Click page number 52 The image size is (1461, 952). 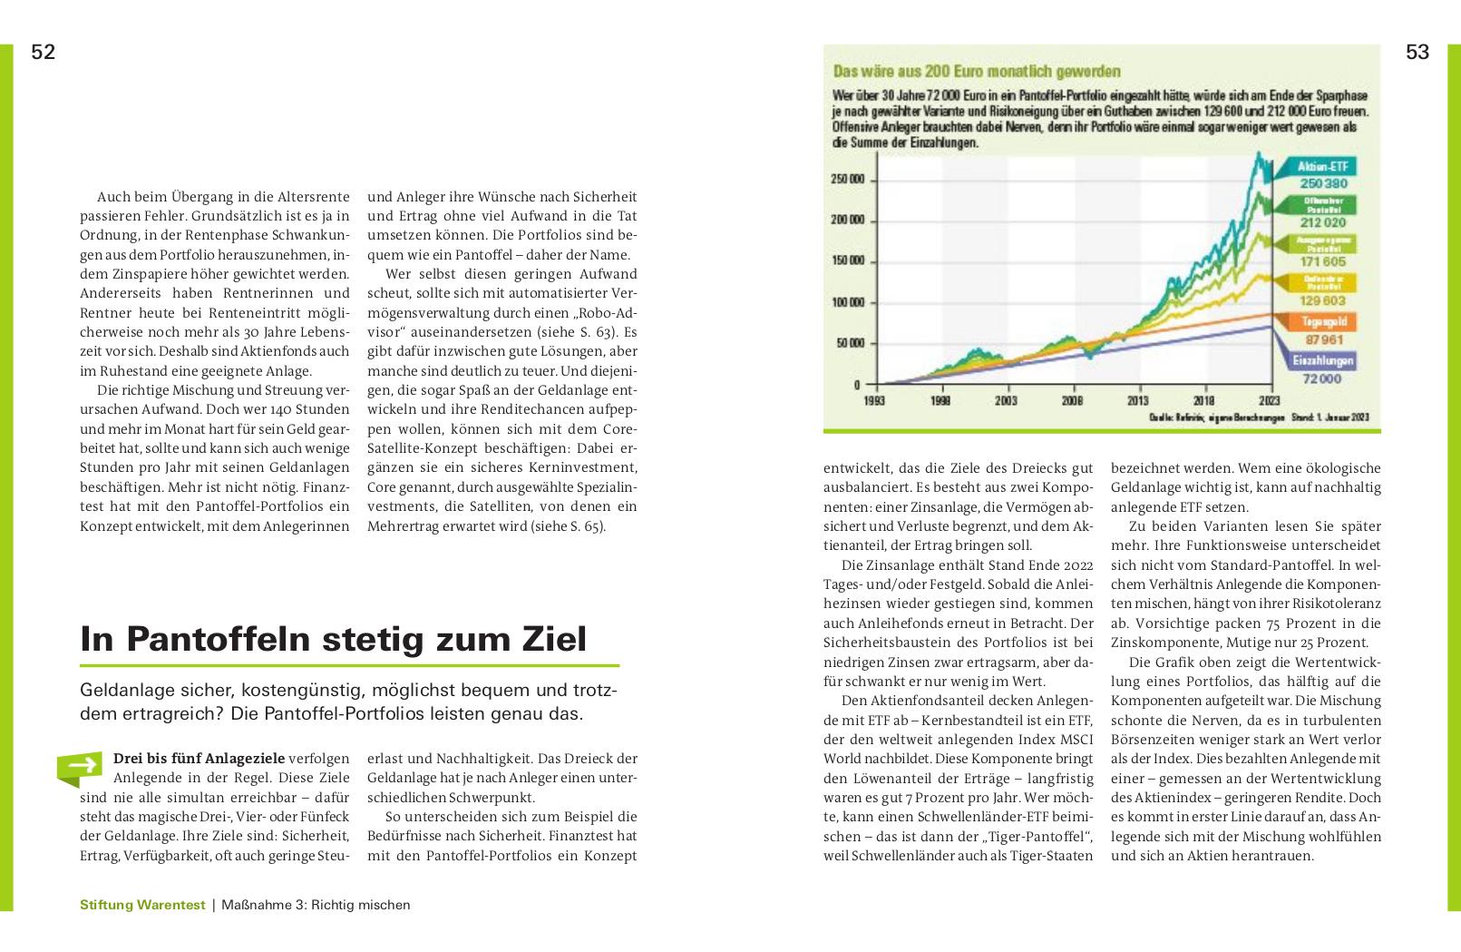pos(43,53)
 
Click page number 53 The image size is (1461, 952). pos(1417,53)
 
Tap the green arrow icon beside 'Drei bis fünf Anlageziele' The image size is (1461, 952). pos(80,768)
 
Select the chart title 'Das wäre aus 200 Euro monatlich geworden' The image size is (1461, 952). pos(976,71)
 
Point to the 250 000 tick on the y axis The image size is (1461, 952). pos(847,179)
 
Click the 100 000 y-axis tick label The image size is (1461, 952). pos(847,302)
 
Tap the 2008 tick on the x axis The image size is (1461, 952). pos(1072,400)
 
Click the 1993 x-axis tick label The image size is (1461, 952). pos(874,400)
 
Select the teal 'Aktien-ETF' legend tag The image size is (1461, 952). pos(1323,167)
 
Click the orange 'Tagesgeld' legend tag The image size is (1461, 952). pos(1323,322)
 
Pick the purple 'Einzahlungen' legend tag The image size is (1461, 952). pos(1323,360)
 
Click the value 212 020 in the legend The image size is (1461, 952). pos(1323,222)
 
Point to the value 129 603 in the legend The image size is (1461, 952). pos(1323,300)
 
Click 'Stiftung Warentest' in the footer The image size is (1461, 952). pos(142,905)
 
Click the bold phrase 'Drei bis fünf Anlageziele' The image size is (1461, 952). pos(199,759)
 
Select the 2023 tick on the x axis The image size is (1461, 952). pos(1269,400)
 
